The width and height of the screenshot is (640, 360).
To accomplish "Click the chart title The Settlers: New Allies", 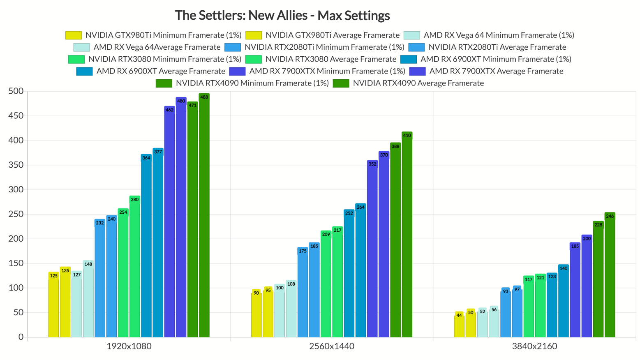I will click(282, 16).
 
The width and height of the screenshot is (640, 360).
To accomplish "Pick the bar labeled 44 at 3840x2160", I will click(459, 327).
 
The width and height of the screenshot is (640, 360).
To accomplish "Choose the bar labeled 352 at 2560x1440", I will click(372, 251).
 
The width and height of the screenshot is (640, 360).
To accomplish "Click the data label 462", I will click(169, 110).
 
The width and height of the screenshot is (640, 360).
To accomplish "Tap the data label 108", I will click(291, 284).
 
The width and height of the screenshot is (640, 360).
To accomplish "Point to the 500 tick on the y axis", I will click(16, 91).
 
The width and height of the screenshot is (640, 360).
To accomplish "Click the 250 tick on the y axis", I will click(16, 214).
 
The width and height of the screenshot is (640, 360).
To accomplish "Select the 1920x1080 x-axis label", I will click(129, 346).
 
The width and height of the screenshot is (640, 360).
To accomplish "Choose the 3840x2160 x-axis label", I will click(534, 346).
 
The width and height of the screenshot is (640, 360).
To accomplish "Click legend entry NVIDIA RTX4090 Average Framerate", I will click(418, 83).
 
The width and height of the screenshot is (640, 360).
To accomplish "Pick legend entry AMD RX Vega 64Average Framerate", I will click(157, 47).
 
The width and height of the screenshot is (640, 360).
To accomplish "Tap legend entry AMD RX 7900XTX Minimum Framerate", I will click(327, 72).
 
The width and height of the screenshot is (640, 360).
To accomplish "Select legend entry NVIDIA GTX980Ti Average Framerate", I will click(332, 35).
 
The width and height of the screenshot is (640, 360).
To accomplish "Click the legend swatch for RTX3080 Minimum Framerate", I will click(76, 60).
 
